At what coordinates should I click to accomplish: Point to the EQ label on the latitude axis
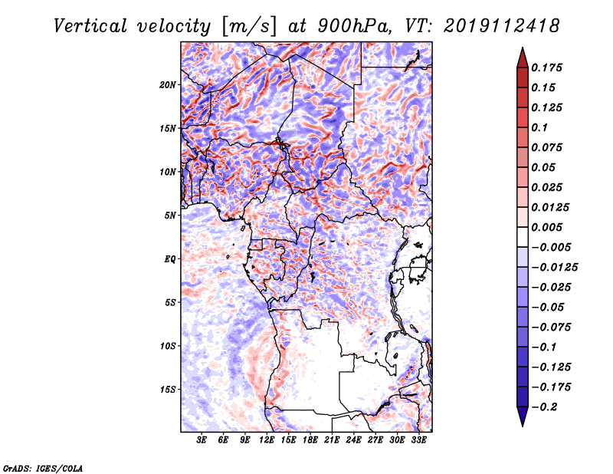click(170, 258)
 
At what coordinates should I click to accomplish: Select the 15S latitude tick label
click(169, 389)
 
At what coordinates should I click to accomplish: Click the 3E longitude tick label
click(202, 440)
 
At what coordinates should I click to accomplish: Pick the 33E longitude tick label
click(419, 440)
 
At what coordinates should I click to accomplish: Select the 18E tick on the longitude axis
click(310, 440)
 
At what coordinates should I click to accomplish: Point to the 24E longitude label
click(354, 440)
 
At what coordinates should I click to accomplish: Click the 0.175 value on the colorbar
click(549, 67)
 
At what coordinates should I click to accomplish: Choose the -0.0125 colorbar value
click(556, 267)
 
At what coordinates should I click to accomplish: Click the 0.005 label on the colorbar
click(549, 227)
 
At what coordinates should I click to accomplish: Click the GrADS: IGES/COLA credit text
click(43, 466)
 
